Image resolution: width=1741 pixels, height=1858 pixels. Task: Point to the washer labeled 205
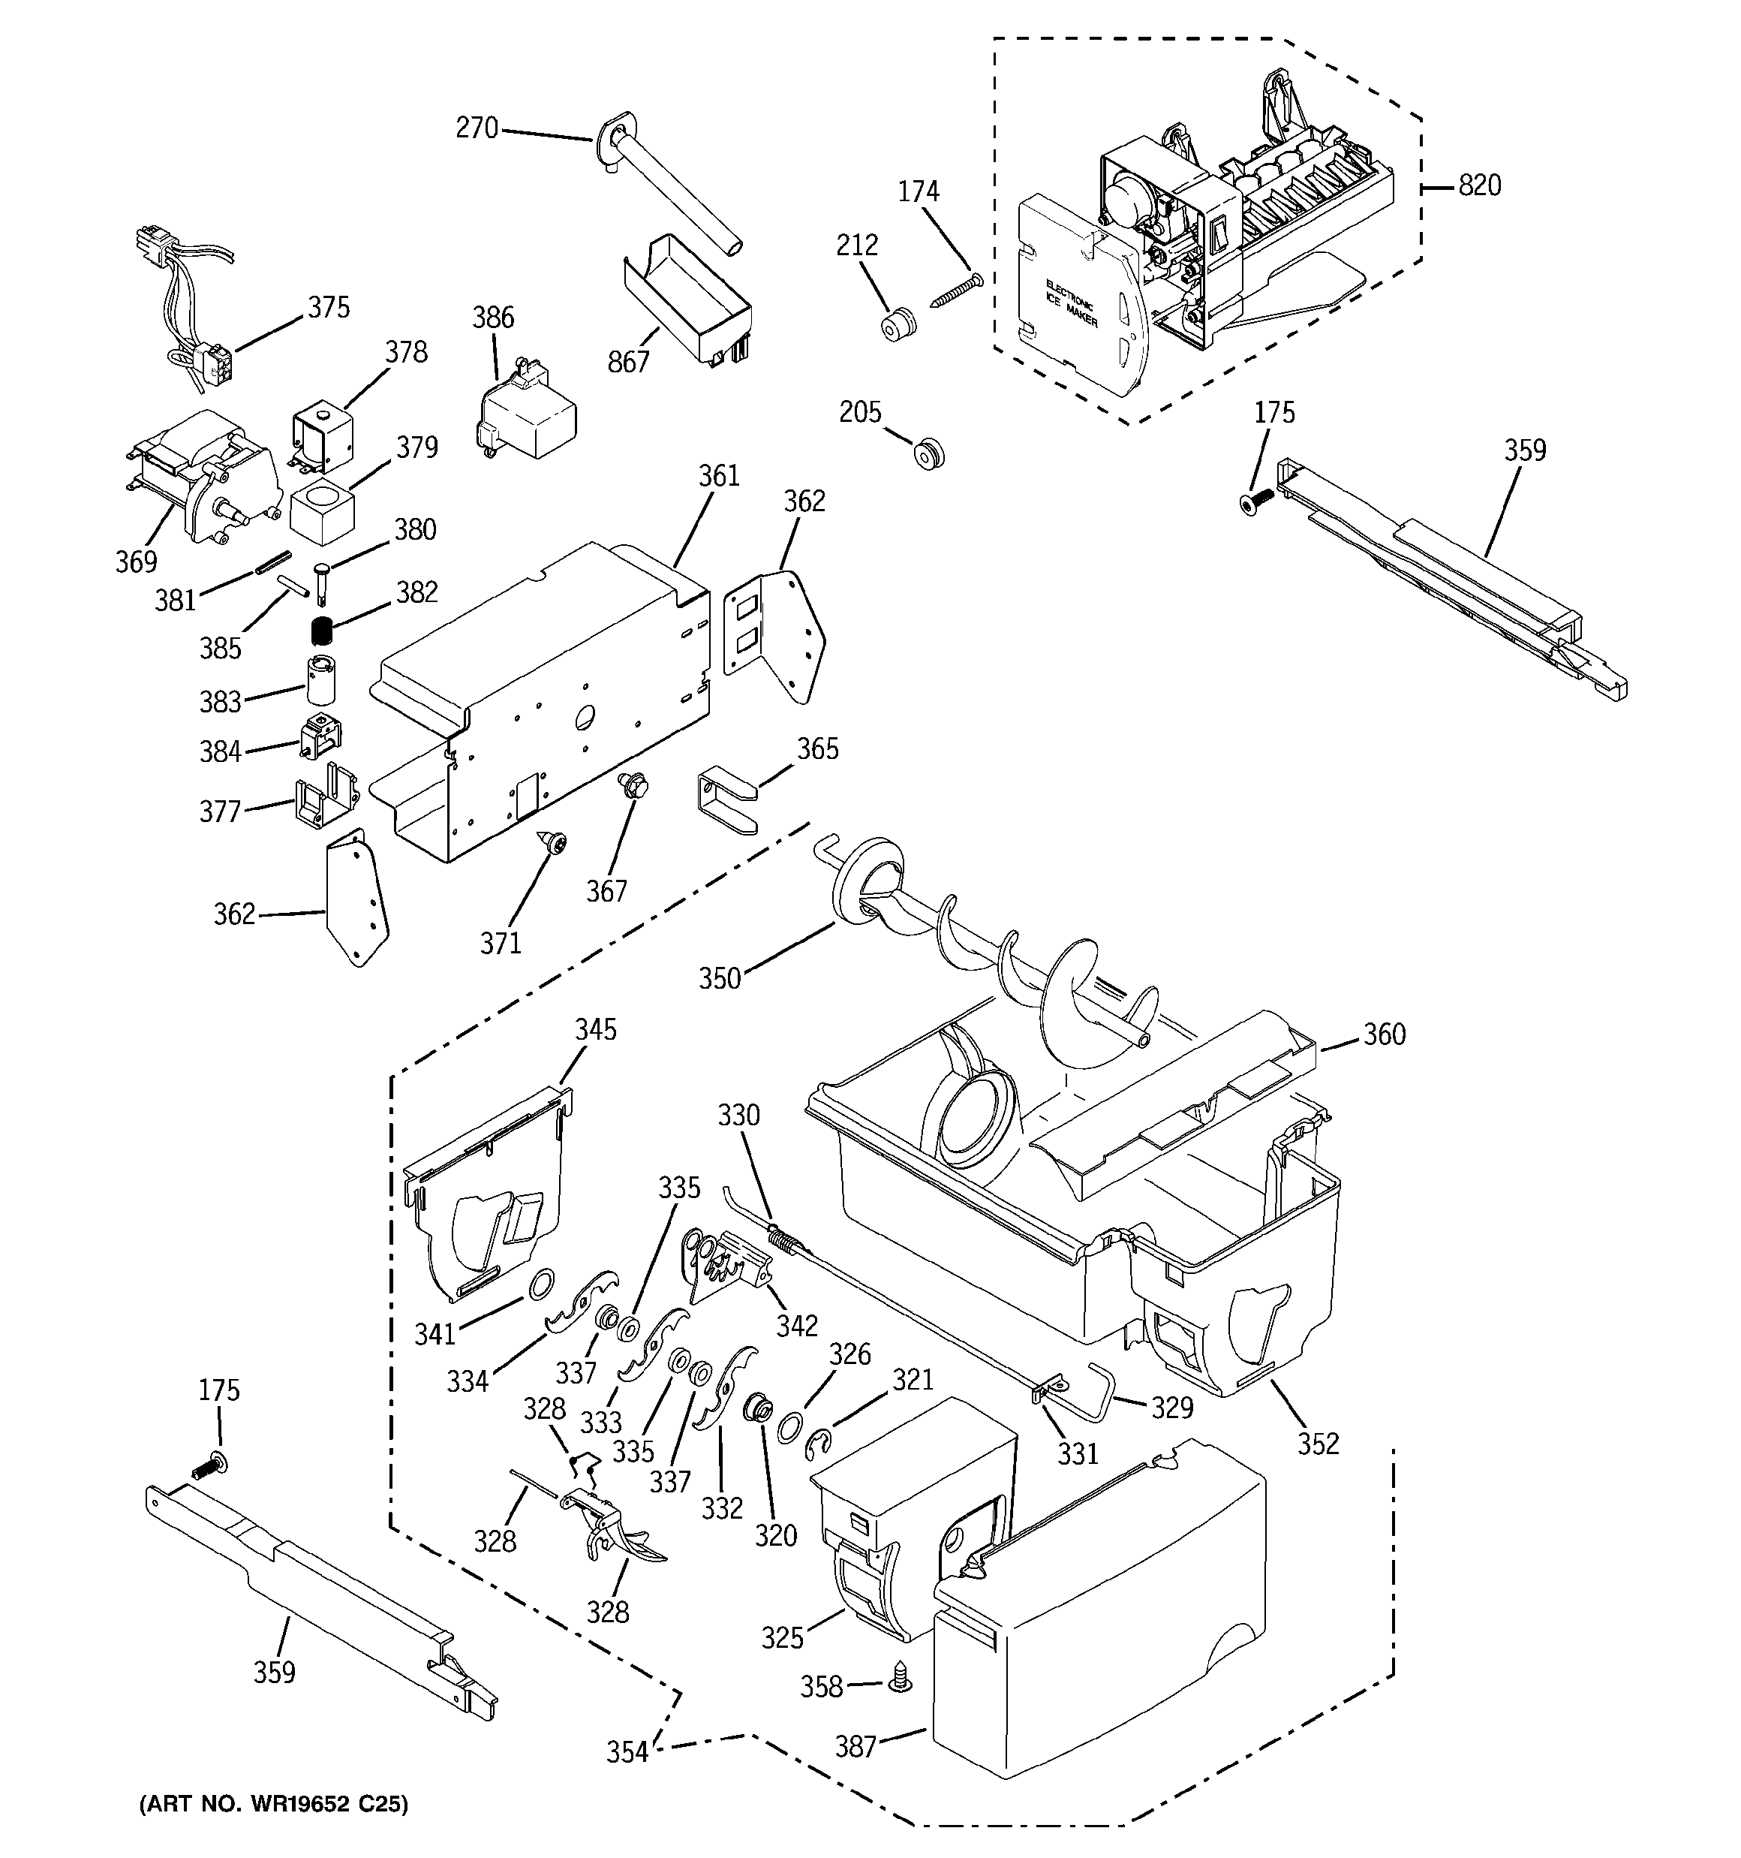click(928, 455)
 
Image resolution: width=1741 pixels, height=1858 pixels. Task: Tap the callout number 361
click(719, 476)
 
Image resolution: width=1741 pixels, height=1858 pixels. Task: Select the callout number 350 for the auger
click(720, 978)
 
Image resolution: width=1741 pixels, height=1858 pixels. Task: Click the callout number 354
click(627, 1751)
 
